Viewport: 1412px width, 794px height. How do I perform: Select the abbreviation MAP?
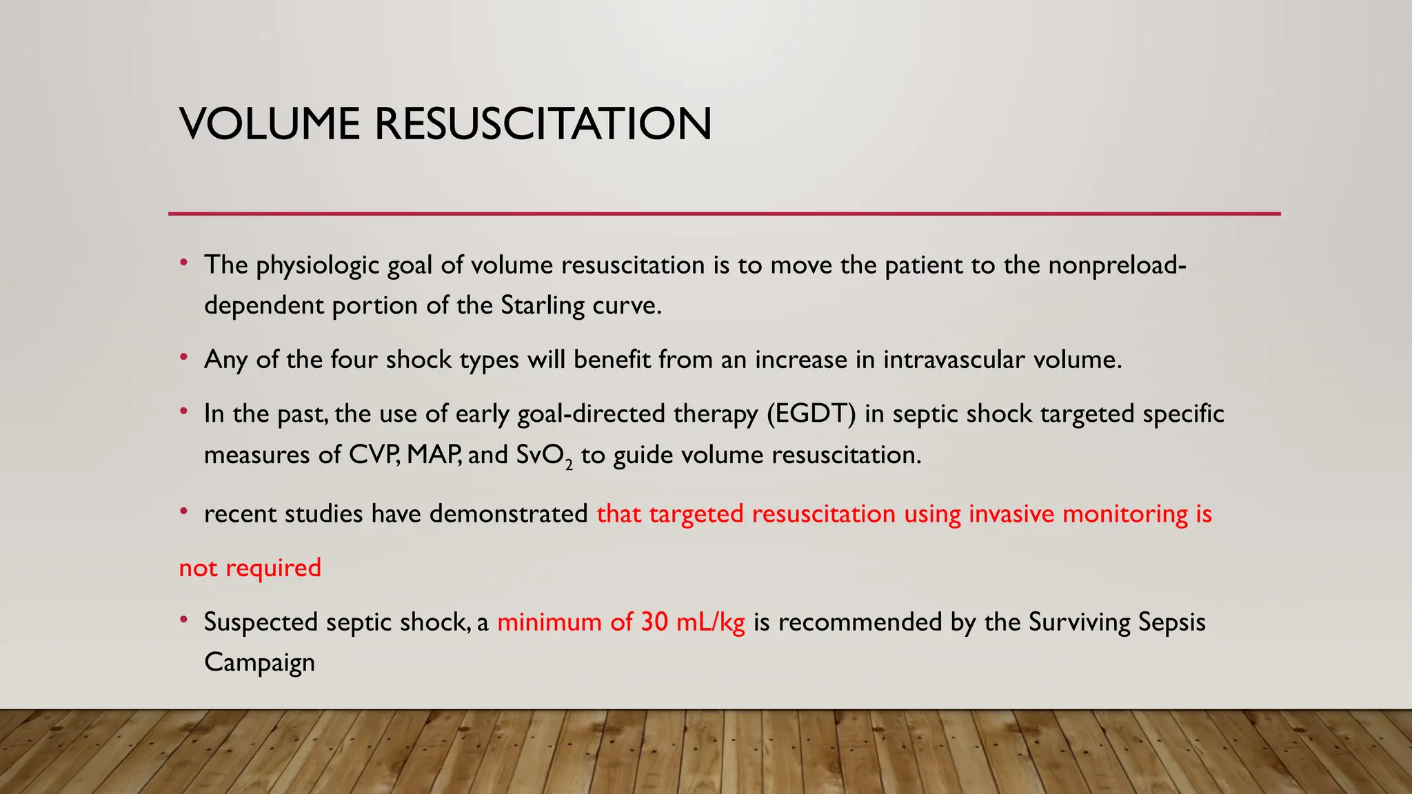click(x=434, y=455)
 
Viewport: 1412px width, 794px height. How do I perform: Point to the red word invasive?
click(x=1011, y=514)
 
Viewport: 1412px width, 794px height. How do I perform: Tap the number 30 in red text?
click(x=654, y=622)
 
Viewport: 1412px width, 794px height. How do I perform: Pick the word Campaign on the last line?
click(x=259, y=663)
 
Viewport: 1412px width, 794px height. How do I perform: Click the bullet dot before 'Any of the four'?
click(x=183, y=357)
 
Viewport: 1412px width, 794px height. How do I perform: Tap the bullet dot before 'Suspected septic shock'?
click(x=183, y=620)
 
